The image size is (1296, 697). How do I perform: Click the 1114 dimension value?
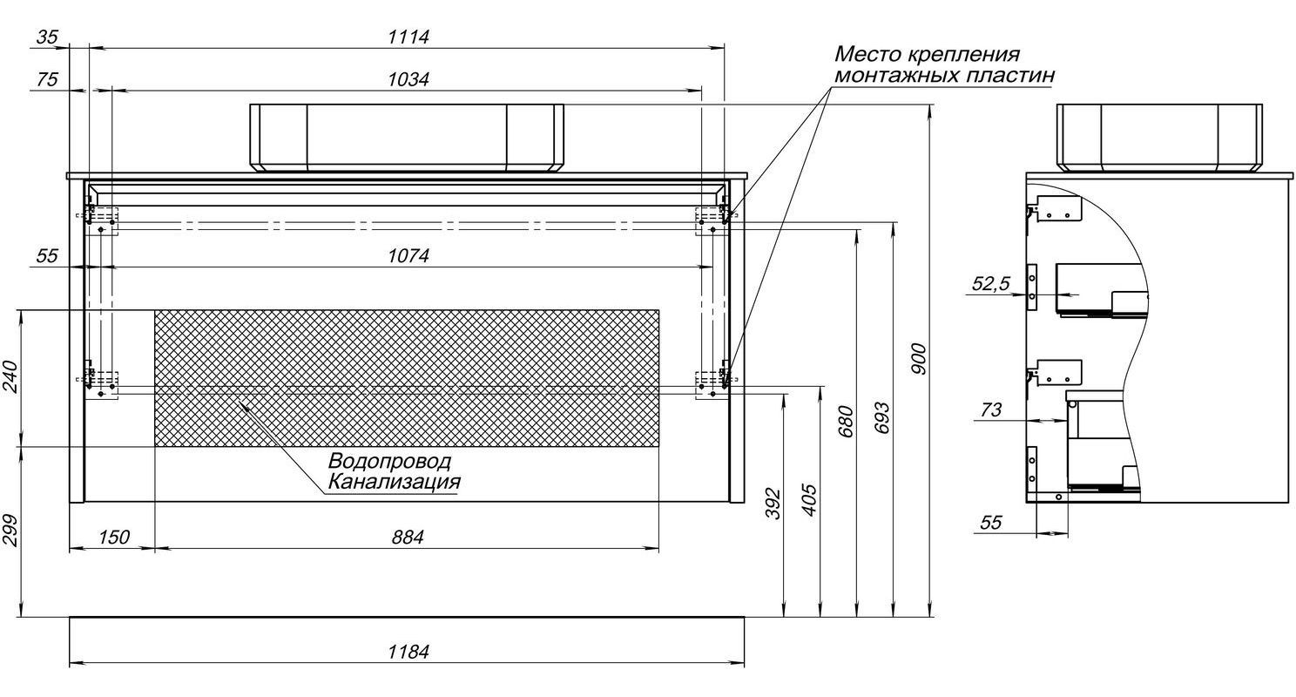pos(408,37)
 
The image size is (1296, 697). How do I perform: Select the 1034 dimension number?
pos(408,79)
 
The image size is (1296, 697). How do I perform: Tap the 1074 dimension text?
pos(408,256)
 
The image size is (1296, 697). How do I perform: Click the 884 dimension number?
pos(407,538)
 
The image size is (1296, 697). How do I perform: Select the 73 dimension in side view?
pos(991,409)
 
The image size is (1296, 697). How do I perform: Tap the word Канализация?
pos(393,482)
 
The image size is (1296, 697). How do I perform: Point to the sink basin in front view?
pos(407,137)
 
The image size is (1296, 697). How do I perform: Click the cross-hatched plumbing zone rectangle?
pos(407,377)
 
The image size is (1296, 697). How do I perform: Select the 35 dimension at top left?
pos(48,37)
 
